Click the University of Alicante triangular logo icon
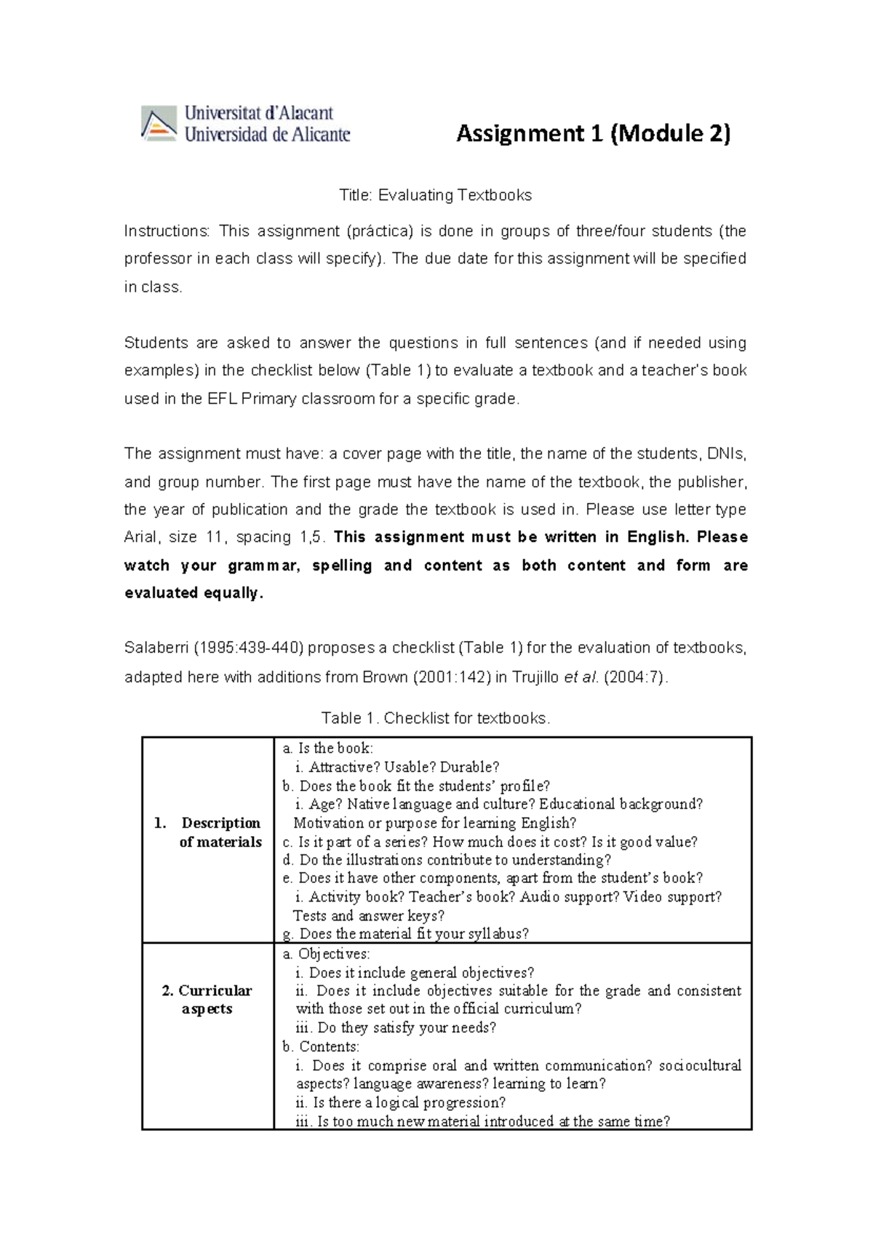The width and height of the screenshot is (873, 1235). pos(159,123)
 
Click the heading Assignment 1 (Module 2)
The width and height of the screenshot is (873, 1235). pos(593,134)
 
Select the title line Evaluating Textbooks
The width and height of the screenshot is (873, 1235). pos(435,195)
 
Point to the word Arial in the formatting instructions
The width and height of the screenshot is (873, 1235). pos(140,538)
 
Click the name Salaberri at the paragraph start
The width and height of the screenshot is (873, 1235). pos(156,648)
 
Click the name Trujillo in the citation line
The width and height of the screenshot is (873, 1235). pos(536,678)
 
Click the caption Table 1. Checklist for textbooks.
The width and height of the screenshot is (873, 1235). pos(436,718)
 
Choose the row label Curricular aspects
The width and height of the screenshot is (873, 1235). pos(207,1000)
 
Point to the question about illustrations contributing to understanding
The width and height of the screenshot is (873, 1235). pos(447,860)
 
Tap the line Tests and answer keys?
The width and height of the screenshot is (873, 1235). pos(368,916)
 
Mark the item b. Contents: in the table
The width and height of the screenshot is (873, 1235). pos(321,1047)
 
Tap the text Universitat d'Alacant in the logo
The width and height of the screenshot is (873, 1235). pos(259,113)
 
